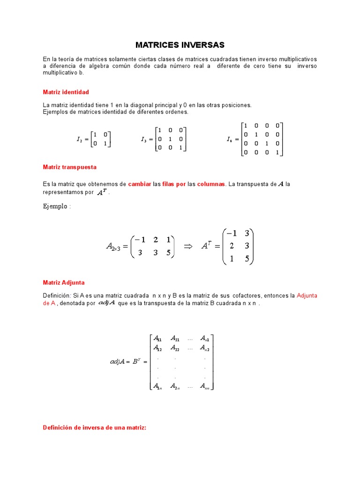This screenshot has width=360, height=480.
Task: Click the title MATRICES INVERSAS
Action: pos(180,45)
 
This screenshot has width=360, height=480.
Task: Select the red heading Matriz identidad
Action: pos(66,92)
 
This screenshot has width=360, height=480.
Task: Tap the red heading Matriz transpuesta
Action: pos(69,167)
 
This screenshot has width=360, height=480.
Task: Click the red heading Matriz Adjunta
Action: pos(64,283)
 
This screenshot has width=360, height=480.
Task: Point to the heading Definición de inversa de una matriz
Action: pos(95,427)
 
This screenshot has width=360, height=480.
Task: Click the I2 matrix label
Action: pos(80,139)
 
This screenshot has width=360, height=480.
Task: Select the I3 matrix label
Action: pos(144,139)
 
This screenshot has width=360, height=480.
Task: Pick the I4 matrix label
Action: pos(229,139)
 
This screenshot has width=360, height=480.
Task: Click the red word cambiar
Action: pos(140,184)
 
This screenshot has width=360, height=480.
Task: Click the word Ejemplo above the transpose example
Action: pos(55,207)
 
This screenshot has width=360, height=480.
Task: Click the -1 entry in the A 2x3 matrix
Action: pos(140,240)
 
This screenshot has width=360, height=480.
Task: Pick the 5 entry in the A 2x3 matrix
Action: pos(168,253)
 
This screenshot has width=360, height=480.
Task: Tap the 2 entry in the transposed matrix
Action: pos(231,246)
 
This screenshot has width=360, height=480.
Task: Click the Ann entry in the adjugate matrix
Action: pos(205,386)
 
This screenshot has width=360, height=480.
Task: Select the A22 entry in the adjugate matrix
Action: pos(176,348)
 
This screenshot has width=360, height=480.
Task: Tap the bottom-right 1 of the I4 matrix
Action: pos(277,152)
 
